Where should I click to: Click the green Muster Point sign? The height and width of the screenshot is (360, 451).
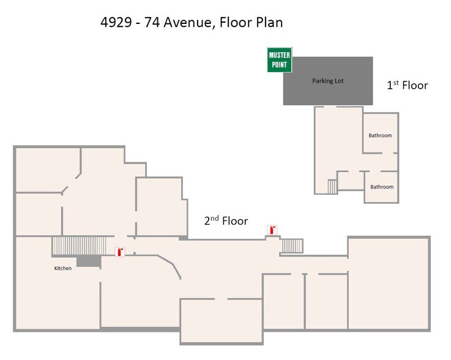coord(280,60)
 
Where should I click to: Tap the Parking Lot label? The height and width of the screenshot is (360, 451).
coord(327,81)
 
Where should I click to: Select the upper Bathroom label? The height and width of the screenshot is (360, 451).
coord(380,135)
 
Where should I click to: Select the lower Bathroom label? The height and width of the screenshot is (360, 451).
coord(381,187)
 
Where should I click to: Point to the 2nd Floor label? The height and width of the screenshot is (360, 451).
coord(226,221)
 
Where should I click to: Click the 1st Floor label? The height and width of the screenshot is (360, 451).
coord(407,85)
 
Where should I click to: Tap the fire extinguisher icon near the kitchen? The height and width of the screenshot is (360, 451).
coord(120,252)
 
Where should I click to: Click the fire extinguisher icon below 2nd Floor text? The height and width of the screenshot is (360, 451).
coord(272,230)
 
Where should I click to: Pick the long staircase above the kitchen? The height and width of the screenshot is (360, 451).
coord(80,246)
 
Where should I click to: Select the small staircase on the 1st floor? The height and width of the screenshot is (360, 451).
coord(332,186)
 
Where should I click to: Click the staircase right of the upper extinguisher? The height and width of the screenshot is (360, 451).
coord(292,246)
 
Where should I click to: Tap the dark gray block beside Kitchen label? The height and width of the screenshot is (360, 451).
coord(88,261)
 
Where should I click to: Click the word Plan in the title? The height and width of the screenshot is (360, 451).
coord(268,23)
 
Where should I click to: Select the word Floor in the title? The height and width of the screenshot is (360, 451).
coord(233,23)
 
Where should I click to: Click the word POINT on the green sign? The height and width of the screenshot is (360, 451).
coord(280,64)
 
